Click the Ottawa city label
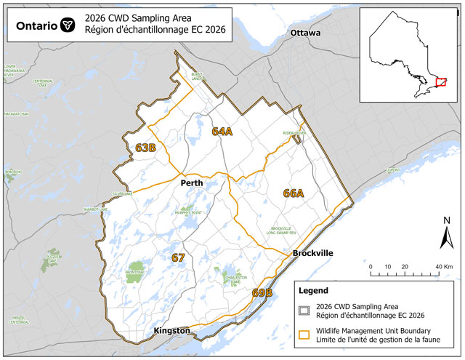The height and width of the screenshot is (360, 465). (305, 33)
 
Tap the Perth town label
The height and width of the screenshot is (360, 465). (192, 183)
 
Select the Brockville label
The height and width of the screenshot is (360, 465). (312, 253)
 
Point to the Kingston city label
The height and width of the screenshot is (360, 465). (172, 331)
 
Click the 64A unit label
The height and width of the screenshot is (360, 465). (222, 132)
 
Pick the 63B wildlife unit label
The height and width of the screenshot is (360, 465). (146, 148)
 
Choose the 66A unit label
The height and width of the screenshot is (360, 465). (294, 193)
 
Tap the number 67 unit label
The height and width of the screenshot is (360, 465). (178, 257)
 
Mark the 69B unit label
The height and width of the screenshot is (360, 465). (262, 292)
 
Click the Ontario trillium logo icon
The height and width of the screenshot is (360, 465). (66, 25)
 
